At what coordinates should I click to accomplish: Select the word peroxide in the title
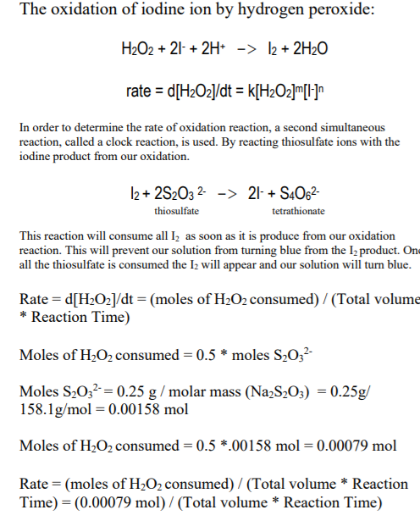[x=323, y=12]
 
